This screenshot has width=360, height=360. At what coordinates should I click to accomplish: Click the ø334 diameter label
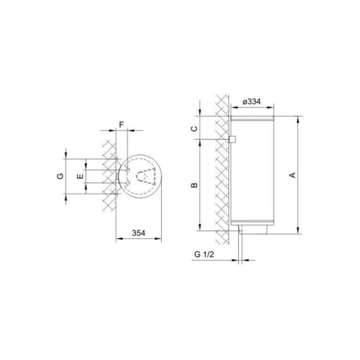pos(251,102)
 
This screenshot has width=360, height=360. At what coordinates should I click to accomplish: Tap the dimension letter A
pos(291,174)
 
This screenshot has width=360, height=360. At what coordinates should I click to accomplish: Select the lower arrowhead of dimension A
pos(297,231)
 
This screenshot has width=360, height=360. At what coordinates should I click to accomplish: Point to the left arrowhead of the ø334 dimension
pos(232,108)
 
